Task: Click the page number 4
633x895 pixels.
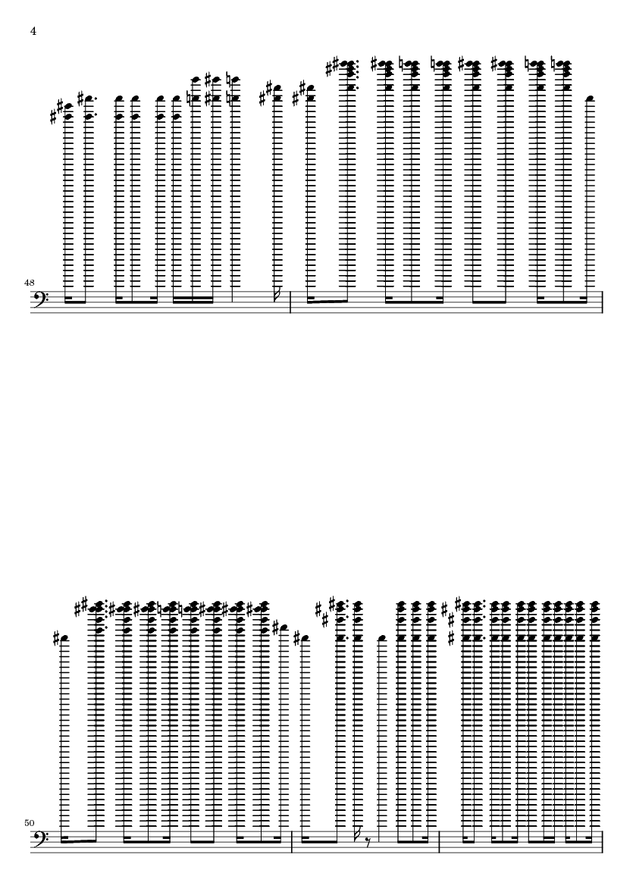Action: click(x=33, y=31)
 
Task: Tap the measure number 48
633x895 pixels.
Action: click(x=29, y=283)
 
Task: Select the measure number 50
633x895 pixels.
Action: click(x=29, y=823)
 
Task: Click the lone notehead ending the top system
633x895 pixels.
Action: click(x=591, y=99)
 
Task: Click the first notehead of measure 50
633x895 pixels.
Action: click(x=64, y=639)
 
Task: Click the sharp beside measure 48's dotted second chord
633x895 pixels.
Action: click(x=81, y=99)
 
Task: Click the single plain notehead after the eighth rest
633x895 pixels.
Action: click(x=383, y=639)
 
